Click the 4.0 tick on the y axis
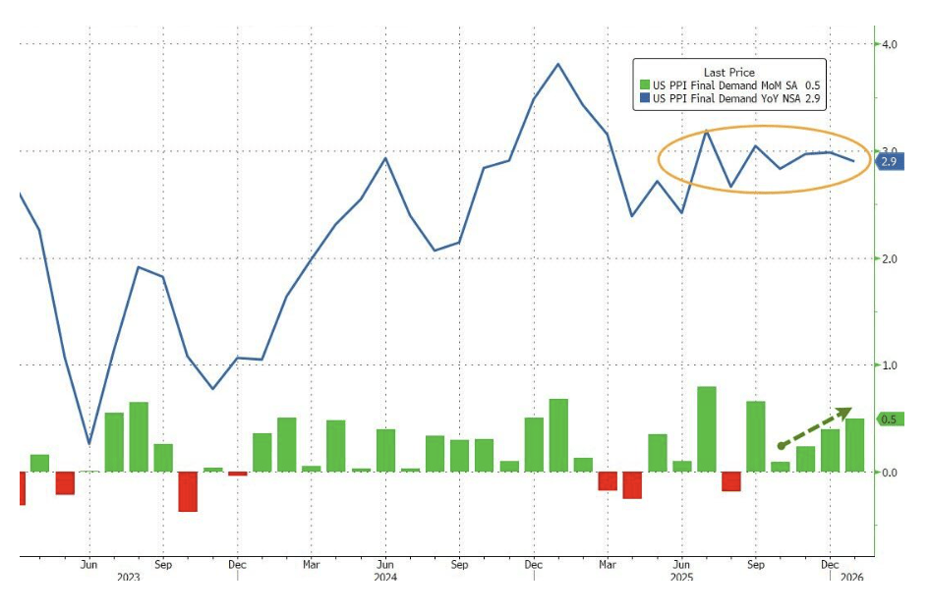889,44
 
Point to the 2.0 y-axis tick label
889,258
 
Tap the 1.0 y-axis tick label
889,365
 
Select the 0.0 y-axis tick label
889,473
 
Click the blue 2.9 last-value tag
890,161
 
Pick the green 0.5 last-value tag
890,419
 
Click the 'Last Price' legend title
729,72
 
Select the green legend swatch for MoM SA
645,84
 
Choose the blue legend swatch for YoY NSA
645,97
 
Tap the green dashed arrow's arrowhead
845,411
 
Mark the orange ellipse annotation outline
660,158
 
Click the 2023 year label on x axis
127,578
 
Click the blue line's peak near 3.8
558,65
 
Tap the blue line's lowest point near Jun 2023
89,443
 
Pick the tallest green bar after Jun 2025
706,428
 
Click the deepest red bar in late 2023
188,491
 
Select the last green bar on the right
854,445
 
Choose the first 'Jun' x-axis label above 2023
89,565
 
